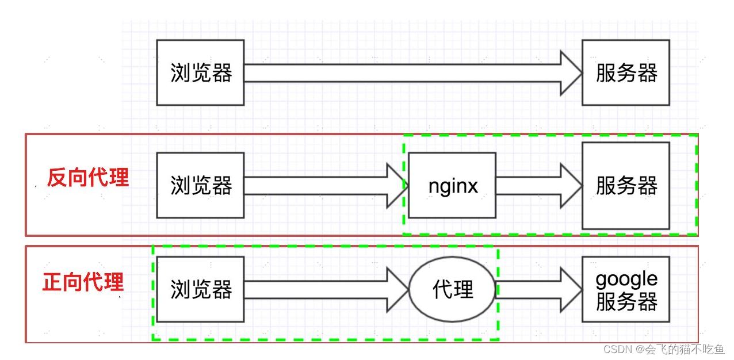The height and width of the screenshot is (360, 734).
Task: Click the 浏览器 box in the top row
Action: click(x=200, y=72)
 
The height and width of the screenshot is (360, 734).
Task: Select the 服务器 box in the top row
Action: click(x=625, y=72)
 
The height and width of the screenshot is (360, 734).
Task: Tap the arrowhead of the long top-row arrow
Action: click(x=571, y=73)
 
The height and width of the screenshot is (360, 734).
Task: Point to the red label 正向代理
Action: click(x=83, y=282)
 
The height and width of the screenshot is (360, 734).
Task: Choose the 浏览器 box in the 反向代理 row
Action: click(x=200, y=185)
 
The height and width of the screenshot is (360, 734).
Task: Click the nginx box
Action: click(x=452, y=185)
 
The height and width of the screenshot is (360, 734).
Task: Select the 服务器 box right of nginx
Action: click(x=625, y=185)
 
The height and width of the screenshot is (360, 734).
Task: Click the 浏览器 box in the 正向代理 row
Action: click(x=200, y=289)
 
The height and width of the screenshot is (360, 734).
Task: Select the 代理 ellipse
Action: click(x=452, y=289)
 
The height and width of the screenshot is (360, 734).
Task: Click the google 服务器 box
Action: click(x=625, y=289)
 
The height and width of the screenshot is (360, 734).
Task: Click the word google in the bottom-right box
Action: click(x=626, y=279)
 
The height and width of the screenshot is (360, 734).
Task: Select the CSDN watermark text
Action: click(x=618, y=349)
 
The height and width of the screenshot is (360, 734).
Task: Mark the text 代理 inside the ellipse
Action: click(x=453, y=289)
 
